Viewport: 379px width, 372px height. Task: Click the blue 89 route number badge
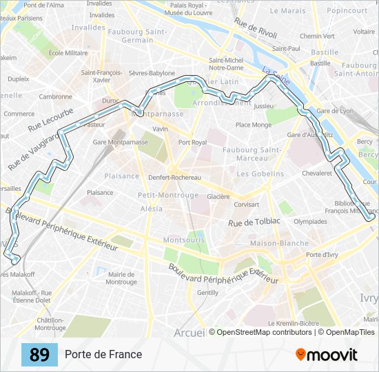pos(39,355)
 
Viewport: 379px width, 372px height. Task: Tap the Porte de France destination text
pos(103,355)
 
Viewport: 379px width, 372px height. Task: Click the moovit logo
pos(327,355)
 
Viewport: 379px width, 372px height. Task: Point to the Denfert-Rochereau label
pos(174,177)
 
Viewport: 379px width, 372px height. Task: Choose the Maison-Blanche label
pos(269,243)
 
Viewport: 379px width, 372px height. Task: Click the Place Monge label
pos(254,125)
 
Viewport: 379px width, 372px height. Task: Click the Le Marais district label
pos(287,11)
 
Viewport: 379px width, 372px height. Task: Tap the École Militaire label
pos(68,52)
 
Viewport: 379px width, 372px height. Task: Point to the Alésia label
pos(151,208)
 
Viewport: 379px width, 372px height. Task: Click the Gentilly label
pos(207,292)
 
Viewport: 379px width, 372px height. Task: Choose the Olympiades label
pos(310,222)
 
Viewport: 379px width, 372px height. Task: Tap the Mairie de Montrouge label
pos(121,278)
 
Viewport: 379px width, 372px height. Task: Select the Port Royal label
pos(192,143)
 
